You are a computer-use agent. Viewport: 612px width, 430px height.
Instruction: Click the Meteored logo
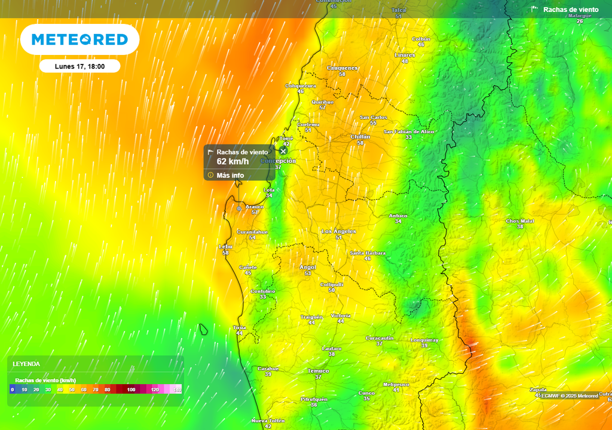point(79,39)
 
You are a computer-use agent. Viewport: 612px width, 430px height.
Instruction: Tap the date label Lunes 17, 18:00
point(79,66)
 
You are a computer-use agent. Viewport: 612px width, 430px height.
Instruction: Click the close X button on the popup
point(283,151)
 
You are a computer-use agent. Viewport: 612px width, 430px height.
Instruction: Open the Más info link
point(230,175)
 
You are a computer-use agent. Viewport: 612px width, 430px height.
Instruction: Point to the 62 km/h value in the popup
point(232,161)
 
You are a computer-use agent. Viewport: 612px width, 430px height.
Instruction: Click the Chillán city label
point(360,137)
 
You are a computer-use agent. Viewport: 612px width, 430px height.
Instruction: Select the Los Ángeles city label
point(339,231)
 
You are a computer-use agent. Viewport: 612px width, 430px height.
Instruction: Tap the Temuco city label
point(318,371)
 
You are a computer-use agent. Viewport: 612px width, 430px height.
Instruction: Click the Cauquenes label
point(342,68)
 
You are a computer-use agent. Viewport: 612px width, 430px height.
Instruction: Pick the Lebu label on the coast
point(225,246)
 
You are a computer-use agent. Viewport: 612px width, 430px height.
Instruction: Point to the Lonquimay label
point(424,340)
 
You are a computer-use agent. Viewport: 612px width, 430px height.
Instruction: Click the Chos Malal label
point(520,221)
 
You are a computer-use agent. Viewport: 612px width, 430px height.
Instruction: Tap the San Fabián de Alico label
point(409,131)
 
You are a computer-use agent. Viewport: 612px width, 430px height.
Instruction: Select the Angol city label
point(308,267)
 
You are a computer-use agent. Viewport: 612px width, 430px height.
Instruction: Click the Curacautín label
point(380,338)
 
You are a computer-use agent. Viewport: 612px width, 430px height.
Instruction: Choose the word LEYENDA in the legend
point(26,364)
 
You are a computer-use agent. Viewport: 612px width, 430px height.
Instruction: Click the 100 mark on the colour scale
point(131,389)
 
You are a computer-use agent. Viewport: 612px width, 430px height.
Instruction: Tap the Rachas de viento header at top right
point(570,10)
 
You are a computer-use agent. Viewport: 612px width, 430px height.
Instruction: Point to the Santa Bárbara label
point(368,252)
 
